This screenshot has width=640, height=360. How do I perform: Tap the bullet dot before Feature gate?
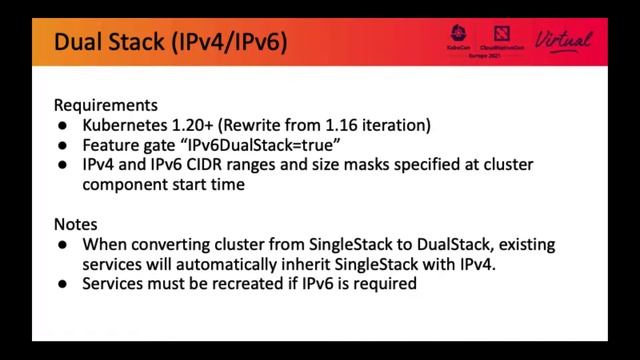tap(62, 145)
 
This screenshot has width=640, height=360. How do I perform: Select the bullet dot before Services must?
tap(62, 285)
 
